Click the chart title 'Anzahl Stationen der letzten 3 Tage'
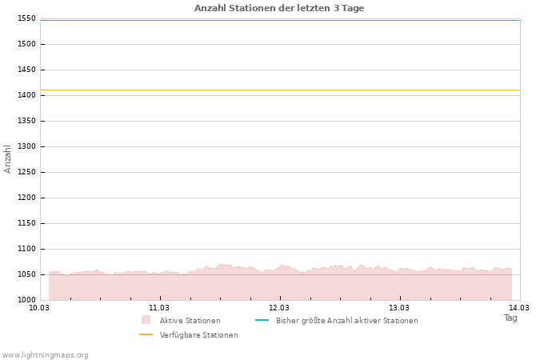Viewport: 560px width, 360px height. pyautogui.click(x=279, y=8)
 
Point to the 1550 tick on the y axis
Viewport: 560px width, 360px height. pyautogui.click(x=26, y=18)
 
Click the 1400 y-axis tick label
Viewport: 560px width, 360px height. pyautogui.click(x=26, y=95)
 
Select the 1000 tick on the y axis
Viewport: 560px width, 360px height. pyautogui.click(x=26, y=300)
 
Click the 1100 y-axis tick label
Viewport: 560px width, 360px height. pyautogui.click(x=26, y=249)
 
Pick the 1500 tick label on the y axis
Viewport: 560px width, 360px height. pyautogui.click(x=26, y=44)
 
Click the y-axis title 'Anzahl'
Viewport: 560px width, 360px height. pyautogui.click(x=8, y=158)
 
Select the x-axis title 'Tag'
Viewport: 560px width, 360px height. pyautogui.click(x=510, y=318)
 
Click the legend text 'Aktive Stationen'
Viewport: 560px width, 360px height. pyautogui.click(x=190, y=321)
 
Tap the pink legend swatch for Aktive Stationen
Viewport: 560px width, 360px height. pyautogui.click(x=146, y=320)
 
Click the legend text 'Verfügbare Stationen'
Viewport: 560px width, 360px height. pyautogui.click(x=198, y=335)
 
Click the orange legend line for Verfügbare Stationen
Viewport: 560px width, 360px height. pyautogui.click(x=146, y=334)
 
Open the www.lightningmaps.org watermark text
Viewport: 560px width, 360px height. pyautogui.click(x=46, y=355)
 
